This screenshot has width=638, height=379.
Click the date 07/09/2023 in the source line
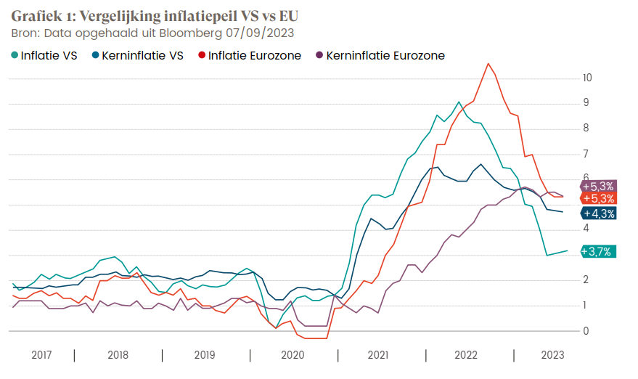(x=259, y=33)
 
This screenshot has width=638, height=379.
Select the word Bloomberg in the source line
(x=192, y=33)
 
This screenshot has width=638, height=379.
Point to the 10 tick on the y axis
(x=587, y=78)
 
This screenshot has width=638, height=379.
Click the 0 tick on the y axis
(x=586, y=331)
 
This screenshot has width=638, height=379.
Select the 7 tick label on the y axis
(x=586, y=154)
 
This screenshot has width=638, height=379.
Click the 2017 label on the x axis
(x=41, y=355)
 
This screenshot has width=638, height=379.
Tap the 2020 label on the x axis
(x=293, y=355)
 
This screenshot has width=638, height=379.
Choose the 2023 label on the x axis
(x=553, y=355)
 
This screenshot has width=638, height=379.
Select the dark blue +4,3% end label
(x=599, y=213)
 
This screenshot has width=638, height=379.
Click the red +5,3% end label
(x=599, y=198)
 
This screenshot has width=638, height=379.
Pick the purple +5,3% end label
(x=599, y=186)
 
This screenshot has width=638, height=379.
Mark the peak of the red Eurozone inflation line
(x=488, y=63)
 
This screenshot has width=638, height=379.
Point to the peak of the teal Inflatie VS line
(x=459, y=102)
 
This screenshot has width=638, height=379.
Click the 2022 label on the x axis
(x=465, y=355)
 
